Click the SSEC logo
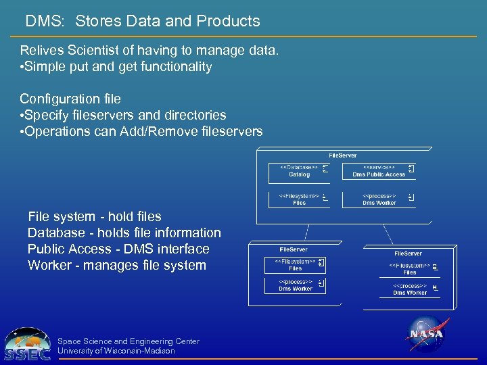tap(27, 344)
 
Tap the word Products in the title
tap(228, 21)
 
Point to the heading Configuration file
tap(70, 99)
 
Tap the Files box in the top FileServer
tap(299, 200)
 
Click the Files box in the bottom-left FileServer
tap(296, 265)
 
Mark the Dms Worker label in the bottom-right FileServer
tap(410, 293)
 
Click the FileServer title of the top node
tap(342, 155)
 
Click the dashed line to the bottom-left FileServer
tap(306, 233)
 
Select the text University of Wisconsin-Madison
tap(116, 351)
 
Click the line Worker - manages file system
tap(117, 265)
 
